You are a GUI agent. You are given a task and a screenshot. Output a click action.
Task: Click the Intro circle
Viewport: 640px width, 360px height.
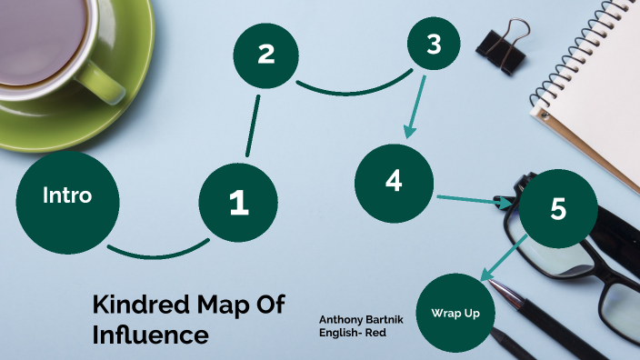click(x=68, y=195)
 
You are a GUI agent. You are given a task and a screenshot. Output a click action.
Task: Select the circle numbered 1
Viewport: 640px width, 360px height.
click(x=238, y=202)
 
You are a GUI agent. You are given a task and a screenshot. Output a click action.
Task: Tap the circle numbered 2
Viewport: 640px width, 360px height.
click(x=265, y=54)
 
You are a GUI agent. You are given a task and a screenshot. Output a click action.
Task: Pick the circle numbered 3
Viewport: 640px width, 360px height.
click(x=434, y=43)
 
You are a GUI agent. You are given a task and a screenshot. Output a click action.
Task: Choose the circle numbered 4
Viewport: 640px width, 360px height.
click(x=393, y=181)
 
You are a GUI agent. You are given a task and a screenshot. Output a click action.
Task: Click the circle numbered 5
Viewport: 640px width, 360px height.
click(x=557, y=208)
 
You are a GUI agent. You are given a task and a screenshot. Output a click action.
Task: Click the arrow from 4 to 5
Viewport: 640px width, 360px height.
click(x=473, y=200)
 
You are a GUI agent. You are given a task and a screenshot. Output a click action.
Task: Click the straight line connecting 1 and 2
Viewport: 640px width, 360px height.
click(x=252, y=127)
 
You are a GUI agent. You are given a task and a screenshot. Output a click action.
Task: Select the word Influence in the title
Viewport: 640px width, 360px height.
click(x=150, y=334)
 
